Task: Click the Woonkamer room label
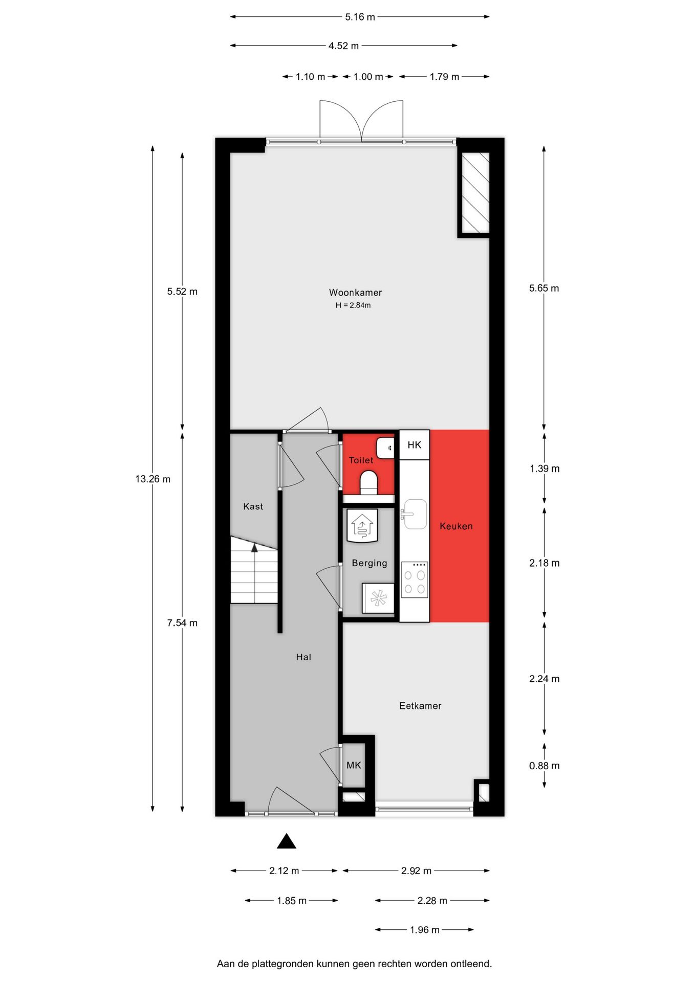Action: point(355,293)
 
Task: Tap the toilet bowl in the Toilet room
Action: point(368,482)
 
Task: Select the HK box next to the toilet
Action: point(414,445)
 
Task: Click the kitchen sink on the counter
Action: point(415,514)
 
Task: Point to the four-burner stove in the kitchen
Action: point(415,579)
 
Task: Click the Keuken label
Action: point(456,526)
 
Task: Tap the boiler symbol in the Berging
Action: point(362,526)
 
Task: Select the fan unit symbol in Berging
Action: point(378,598)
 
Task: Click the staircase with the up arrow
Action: point(254,569)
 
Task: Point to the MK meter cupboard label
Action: point(354,765)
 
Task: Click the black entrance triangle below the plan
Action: point(287,841)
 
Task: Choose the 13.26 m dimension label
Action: point(153,479)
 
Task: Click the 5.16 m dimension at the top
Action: point(360,17)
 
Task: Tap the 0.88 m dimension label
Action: point(544,766)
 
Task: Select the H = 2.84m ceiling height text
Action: point(353,305)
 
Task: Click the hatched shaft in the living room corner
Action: point(475,192)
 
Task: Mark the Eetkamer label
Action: point(420,706)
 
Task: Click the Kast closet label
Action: point(253,506)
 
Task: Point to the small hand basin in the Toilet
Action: point(385,448)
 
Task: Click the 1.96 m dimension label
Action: point(424,930)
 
